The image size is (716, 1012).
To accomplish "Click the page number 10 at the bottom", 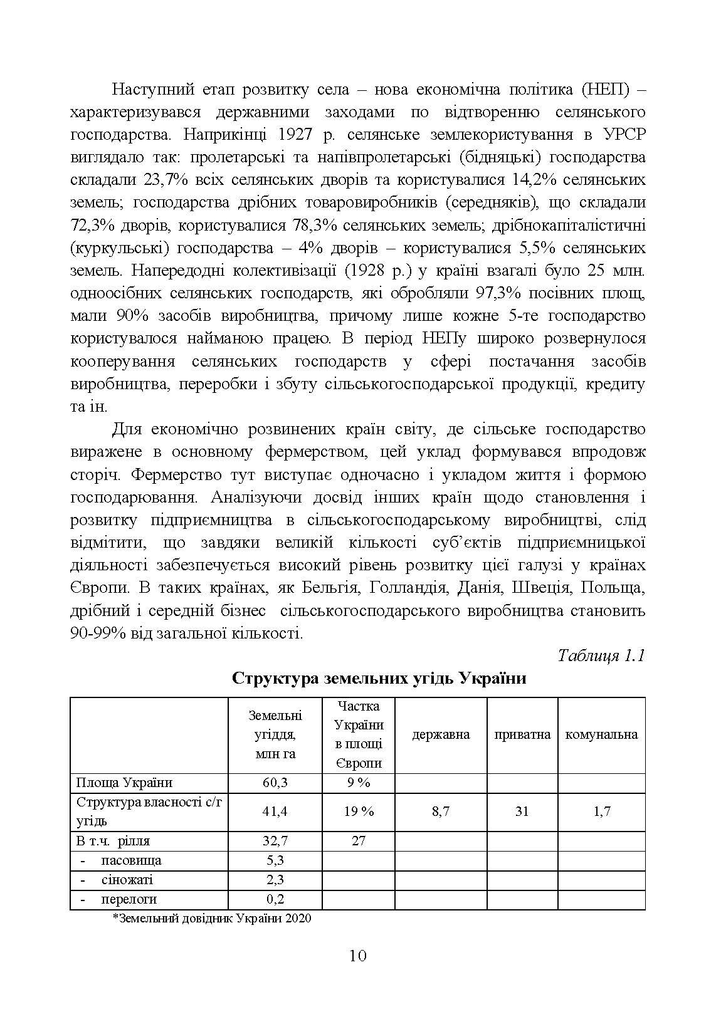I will click(358, 956).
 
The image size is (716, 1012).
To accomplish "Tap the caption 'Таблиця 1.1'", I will click(601, 655).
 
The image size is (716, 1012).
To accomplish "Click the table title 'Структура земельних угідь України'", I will click(379, 679).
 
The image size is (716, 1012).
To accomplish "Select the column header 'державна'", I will click(441, 734).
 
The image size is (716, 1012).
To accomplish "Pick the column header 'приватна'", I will click(522, 734).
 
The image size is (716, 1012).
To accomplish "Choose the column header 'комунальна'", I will click(601, 734).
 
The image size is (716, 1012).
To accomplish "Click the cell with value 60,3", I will click(275, 783).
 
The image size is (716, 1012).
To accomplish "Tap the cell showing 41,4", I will click(275, 811).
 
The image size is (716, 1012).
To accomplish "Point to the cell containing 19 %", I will click(358, 811).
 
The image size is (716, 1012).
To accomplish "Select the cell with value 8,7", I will click(441, 811).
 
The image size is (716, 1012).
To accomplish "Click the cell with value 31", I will click(522, 811).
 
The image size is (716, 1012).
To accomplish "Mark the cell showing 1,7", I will click(601, 811).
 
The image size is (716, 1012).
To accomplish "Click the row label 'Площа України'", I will click(124, 783).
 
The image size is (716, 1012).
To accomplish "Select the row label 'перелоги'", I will click(129, 899).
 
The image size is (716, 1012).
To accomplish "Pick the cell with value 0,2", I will click(275, 899).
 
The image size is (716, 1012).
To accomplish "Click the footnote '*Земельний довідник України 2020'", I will click(212, 919).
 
